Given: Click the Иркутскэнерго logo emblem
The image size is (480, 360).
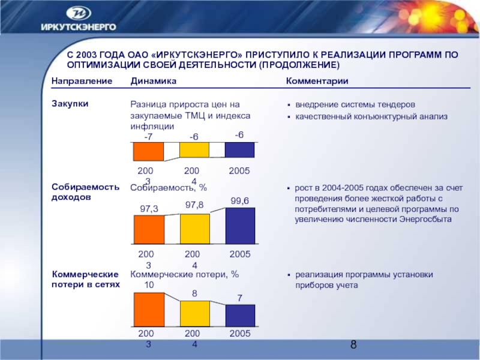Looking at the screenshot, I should (x=79, y=13).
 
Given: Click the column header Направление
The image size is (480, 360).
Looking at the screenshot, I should (x=82, y=81).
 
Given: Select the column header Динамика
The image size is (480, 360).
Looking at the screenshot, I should (x=153, y=81).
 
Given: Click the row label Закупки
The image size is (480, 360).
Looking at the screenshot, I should (x=70, y=103).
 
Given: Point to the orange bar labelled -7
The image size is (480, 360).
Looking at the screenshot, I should (x=148, y=152).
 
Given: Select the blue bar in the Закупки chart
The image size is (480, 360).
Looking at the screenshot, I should (x=239, y=150).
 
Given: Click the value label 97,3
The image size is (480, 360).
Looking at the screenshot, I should (x=148, y=208).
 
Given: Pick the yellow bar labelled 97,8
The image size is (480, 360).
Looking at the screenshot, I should (x=194, y=228).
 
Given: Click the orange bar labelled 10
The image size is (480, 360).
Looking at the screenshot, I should (x=148, y=310).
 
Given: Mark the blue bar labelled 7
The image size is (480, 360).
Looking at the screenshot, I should (x=239, y=316).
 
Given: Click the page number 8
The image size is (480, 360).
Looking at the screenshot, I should (x=353, y=344).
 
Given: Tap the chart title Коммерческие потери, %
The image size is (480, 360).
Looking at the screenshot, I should (x=184, y=274).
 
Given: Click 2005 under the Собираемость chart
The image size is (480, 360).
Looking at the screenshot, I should (x=239, y=255).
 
